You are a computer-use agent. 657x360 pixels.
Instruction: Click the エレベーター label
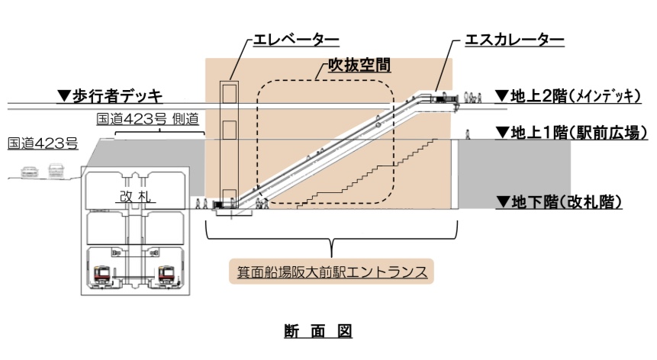tap(296, 40)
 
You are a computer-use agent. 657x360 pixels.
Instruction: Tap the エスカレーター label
tap(514, 40)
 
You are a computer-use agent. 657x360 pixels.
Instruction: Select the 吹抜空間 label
tap(359, 66)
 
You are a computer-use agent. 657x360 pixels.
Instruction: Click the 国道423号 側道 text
tap(147, 119)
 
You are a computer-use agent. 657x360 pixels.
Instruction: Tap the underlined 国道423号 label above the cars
tap(43, 143)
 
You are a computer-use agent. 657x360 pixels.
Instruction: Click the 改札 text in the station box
tap(135, 196)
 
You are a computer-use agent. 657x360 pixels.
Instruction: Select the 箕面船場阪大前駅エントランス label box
tap(331, 272)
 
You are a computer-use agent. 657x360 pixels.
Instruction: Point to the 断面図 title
tap(318, 331)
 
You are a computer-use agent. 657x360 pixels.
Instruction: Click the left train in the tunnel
tap(104, 275)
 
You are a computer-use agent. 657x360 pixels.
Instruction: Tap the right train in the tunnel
tap(167, 275)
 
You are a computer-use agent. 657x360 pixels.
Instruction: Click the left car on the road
tap(30, 171)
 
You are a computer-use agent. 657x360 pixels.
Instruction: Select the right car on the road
tap(56, 171)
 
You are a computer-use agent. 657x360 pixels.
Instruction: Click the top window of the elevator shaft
tap(230, 94)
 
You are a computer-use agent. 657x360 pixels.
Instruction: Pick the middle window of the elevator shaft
tap(230, 130)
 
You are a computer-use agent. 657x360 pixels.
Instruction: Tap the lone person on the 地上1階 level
tap(468, 134)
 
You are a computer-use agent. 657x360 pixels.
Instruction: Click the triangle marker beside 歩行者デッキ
tap(64, 96)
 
